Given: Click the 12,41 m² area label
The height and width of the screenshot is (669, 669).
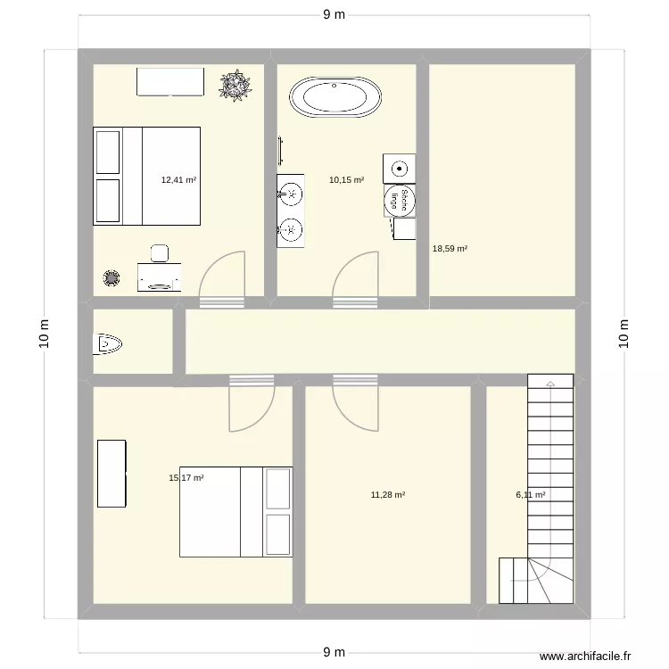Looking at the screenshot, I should click(x=178, y=179).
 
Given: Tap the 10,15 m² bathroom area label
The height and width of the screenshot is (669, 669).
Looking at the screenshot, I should click(x=346, y=179).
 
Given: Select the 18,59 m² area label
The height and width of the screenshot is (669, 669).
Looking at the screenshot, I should click(x=450, y=250).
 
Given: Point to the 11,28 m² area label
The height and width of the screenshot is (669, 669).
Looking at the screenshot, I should click(x=388, y=494).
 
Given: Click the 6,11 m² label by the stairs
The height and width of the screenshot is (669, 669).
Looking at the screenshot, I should click(x=530, y=494).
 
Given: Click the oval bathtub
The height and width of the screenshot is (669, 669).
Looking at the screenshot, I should click(x=337, y=97).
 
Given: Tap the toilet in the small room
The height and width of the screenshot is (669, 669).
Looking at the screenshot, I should click(x=109, y=343).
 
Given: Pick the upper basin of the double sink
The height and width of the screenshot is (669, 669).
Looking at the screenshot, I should click(x=291, y=192).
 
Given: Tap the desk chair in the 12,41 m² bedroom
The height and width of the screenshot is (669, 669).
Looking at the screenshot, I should click(x=160, y=252).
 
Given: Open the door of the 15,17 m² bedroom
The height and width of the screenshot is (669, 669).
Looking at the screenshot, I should click(x=250, y=406).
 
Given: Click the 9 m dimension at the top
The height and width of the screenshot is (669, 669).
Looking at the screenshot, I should click(x=334, y=14).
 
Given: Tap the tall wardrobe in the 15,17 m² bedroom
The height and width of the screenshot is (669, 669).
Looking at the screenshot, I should click(x=111, y=473).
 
